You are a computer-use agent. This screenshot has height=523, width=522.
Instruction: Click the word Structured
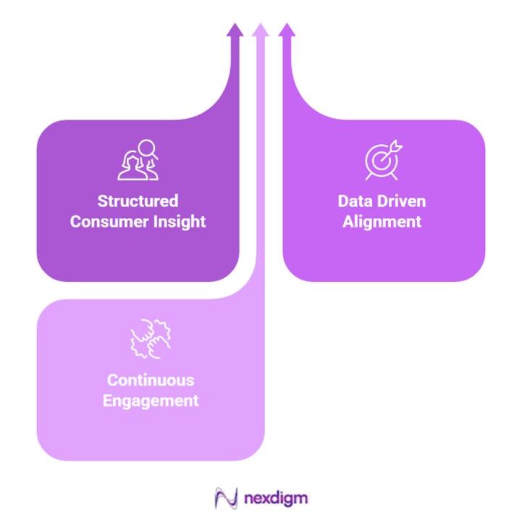[x=138, y=201]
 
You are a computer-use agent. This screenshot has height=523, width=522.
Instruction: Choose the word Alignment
[x=382, y=222]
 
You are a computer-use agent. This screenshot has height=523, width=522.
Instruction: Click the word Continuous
[x=151, y=380]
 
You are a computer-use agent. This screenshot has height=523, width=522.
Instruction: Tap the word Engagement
[x=151, y=400]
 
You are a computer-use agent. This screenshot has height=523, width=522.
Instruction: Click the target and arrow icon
[x=382, y=160]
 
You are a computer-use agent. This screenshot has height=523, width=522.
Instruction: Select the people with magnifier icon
[x=138, y=159]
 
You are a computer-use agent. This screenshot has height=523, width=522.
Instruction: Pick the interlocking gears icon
[x=151, y=338]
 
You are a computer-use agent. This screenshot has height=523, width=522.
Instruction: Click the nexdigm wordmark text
[x=276, y=498]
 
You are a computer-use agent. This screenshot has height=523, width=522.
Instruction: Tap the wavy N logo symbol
[x=227, y=498]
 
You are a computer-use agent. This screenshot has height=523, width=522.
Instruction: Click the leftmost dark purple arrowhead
[x=234, y=30]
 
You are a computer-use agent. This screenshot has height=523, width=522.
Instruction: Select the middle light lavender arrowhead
[x=261, y=30]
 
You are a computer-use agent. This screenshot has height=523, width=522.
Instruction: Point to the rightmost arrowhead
[x=287, y=30]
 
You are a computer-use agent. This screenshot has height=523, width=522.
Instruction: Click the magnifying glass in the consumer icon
[x=148, y=148]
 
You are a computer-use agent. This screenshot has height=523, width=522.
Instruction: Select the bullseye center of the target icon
[x=379, y=161]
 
